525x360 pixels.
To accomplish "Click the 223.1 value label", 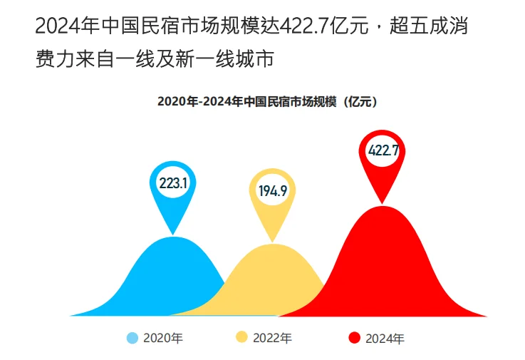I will pos(172,184).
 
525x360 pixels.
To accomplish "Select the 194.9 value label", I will pos(272,190).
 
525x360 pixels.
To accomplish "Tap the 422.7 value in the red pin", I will pos(383,151).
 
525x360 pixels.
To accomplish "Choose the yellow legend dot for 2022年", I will pos(242,338).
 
